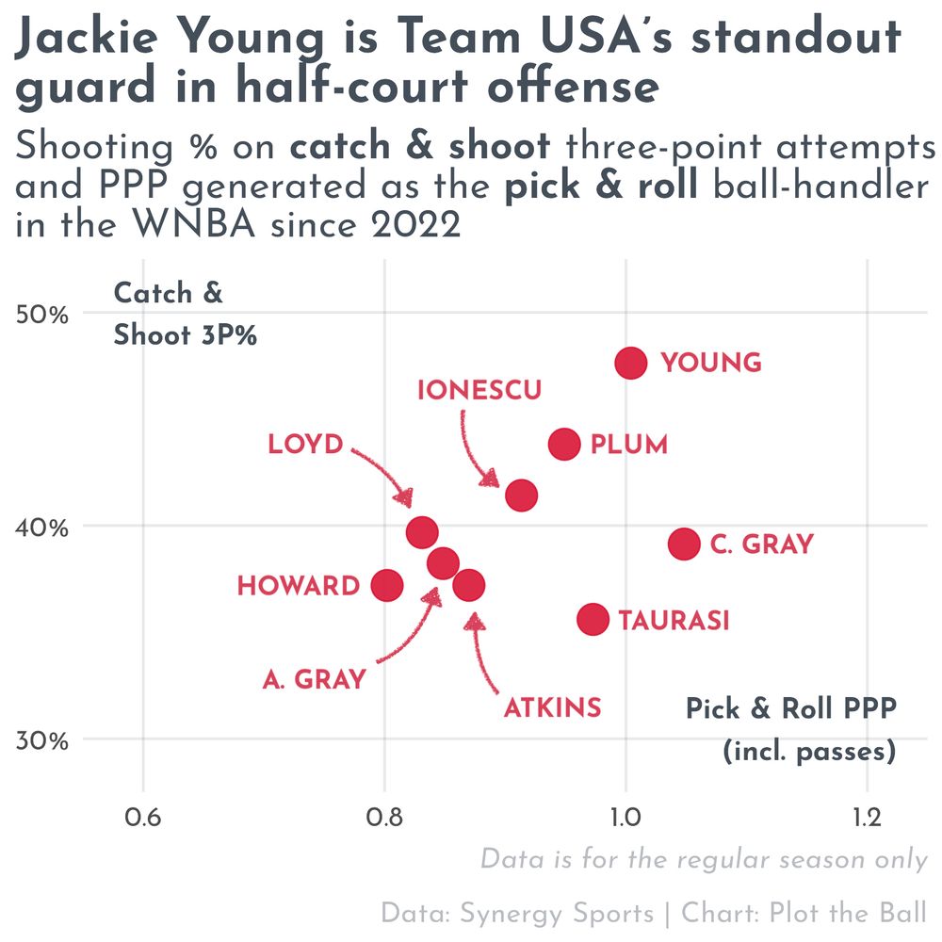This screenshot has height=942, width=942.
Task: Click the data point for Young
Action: pos(630,363)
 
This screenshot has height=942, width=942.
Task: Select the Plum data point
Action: pos(563,444)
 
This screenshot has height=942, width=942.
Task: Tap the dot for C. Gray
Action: pos(684,544)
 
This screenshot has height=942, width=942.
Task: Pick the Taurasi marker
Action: pos(593,619)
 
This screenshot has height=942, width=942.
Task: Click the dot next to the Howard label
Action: pos(387,585)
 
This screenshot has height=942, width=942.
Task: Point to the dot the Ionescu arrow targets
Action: pos(521,495)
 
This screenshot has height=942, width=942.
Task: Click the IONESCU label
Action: pos(479,390)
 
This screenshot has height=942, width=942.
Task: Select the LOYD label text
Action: pos(305,445)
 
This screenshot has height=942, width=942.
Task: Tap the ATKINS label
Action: pos(552,707)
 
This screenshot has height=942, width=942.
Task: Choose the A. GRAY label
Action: pos(314,679)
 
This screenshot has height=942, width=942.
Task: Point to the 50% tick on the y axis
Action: pos(44,314)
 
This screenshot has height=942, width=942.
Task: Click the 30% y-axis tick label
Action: pos(44,739)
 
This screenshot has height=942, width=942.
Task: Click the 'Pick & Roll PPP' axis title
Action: pos(790,708)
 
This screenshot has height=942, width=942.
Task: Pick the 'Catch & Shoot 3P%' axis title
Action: pos(185,315)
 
